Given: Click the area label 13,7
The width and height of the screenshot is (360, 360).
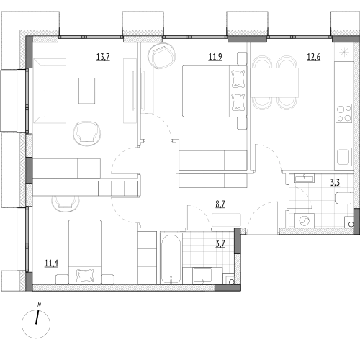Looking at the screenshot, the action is [103, 57].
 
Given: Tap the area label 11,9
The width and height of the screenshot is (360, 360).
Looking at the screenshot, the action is [215, 57].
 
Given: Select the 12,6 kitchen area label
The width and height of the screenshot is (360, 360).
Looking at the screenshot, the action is [314, 57].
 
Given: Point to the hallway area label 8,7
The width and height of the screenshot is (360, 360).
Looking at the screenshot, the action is [220, 204].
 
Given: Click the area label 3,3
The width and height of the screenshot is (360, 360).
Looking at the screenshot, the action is [336, 183].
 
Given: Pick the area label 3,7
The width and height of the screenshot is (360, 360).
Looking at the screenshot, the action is [220, 244].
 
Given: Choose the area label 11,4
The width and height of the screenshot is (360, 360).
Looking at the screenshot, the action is [51, 264].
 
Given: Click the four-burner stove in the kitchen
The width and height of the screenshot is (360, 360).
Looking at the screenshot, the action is [344, 113].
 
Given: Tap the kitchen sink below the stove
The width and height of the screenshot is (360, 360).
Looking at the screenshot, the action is [344, 157].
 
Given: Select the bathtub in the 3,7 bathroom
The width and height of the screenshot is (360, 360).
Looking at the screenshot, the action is [171, 258].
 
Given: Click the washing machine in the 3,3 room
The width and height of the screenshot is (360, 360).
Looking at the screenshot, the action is [305, 220].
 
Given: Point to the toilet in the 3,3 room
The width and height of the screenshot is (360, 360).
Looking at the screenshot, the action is [343, 198].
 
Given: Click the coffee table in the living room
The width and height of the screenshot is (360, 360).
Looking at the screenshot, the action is [86, 91].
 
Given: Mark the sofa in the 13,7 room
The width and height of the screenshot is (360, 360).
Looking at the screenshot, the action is [50, 91].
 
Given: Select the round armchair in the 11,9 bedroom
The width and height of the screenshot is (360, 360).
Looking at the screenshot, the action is [161, 56].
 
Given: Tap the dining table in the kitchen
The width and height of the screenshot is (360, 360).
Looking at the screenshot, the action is [274, 83].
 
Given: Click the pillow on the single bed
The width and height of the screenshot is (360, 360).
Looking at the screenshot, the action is [85, 275].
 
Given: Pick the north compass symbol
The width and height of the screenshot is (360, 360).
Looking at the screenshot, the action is [36, 324].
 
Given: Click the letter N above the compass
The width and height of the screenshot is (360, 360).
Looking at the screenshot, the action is [39, 305].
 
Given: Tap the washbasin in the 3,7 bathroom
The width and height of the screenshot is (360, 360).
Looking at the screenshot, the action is [202, 276].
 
